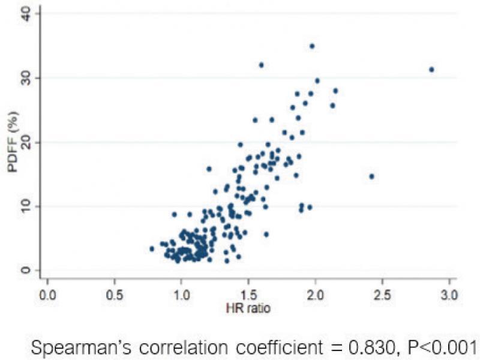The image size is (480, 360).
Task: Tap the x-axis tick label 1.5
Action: tap(247, 296)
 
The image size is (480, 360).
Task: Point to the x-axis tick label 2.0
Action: tap(314, 296)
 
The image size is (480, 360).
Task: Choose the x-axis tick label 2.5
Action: tap(382, 296)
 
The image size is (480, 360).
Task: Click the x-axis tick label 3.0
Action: tap(448, 296)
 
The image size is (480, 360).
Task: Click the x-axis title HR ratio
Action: tap(248, 309)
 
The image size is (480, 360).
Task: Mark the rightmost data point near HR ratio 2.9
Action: tap(431, 70)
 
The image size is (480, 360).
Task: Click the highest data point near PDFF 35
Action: tap(312, 46)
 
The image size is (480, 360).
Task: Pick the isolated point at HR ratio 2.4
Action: tap(371, 176)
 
